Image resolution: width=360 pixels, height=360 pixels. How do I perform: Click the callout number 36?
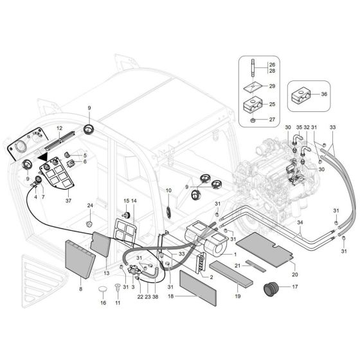click(323, 94)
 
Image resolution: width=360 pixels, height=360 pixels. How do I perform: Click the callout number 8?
click(80, 290)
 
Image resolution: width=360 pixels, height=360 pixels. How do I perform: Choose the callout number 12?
click(58, 129)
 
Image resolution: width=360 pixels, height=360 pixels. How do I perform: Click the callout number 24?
click(91, 206)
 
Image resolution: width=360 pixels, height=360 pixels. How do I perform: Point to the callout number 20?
click(294, 265)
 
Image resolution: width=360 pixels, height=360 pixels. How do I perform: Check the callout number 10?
click(169, 191)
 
